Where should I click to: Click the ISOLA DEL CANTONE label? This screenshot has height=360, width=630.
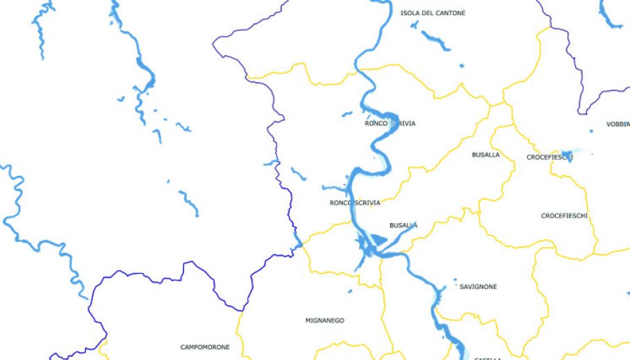tap(433, 13)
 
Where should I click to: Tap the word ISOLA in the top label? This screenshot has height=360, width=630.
tap(410, 13)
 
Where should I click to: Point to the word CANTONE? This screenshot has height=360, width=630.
tap(451, 13)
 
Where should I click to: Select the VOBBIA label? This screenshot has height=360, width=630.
tap(617, 124)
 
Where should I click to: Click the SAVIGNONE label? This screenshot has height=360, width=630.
tap(478, 286)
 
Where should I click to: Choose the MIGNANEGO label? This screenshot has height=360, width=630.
tap(324, 320)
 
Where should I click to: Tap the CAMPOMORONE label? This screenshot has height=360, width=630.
tap(205, 347)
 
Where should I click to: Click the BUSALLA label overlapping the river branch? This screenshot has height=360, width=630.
tap(403, 225)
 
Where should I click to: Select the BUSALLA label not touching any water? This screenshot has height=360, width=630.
tap(486, 155)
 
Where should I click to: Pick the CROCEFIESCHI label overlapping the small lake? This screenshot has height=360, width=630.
tap(549, 157)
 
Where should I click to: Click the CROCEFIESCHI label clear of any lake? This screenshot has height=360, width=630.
tap(564, 215)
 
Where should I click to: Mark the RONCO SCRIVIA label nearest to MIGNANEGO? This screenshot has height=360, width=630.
tap(355, 203)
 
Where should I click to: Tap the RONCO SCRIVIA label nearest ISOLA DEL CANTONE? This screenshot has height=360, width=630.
tap(390, 124)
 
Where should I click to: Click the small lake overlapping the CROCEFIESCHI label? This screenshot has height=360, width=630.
tap(567, 154)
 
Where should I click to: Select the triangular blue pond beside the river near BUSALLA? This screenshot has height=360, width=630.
tap(377, 240)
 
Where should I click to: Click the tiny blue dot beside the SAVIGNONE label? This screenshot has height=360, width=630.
tap(455, 281)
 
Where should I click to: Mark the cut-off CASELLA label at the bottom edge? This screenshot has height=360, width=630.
tap(487, 358)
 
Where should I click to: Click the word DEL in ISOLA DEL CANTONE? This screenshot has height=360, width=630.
tap(430, 13)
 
